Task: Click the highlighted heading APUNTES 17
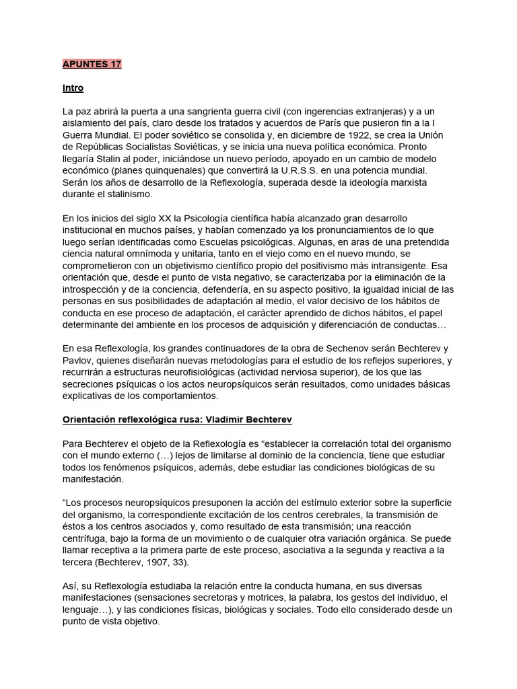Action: (92, 64)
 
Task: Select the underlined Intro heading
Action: (73, 88)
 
